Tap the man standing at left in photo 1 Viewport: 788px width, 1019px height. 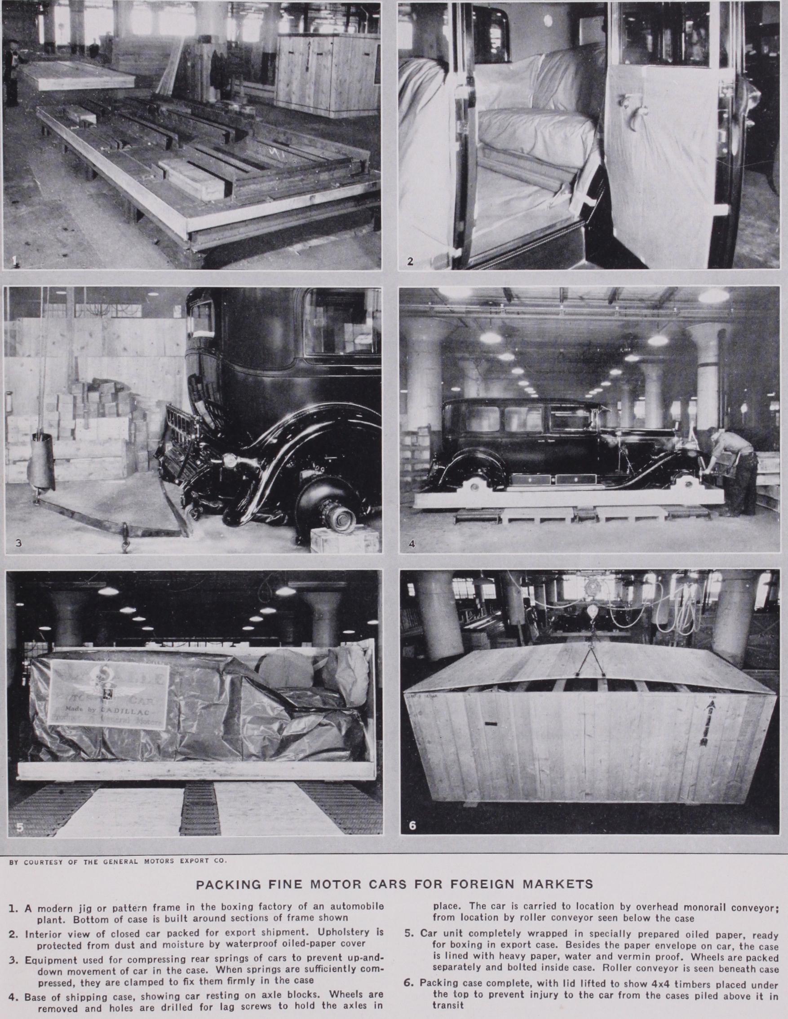pos(12,70)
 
